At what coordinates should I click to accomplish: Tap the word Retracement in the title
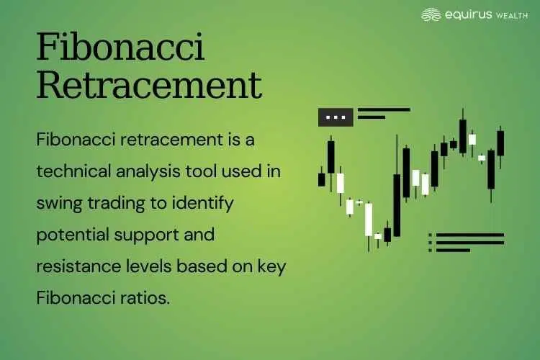[148, 86]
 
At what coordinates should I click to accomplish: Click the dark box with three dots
[336, 117]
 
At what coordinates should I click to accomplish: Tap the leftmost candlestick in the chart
[322, 178]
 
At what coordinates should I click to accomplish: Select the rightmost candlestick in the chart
[500, 143]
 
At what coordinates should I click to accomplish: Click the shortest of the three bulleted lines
[453, 250]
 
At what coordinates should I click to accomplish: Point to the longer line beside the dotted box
[384, 110]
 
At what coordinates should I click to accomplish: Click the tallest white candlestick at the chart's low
[369, 220]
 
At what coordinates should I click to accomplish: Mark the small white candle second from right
[482, 157]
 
